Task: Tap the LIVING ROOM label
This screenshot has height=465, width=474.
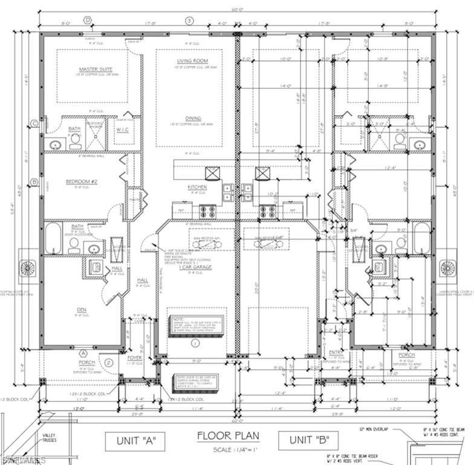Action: (x=192, y=61)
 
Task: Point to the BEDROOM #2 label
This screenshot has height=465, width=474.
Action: (x=81, y=181)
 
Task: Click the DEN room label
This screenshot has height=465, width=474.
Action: (x=81, y=310)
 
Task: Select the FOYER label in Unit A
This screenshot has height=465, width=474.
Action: (x=135, y=358)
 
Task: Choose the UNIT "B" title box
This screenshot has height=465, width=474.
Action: (x=308, y=441)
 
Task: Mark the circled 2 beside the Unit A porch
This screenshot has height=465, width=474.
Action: (x=108, y=363)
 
